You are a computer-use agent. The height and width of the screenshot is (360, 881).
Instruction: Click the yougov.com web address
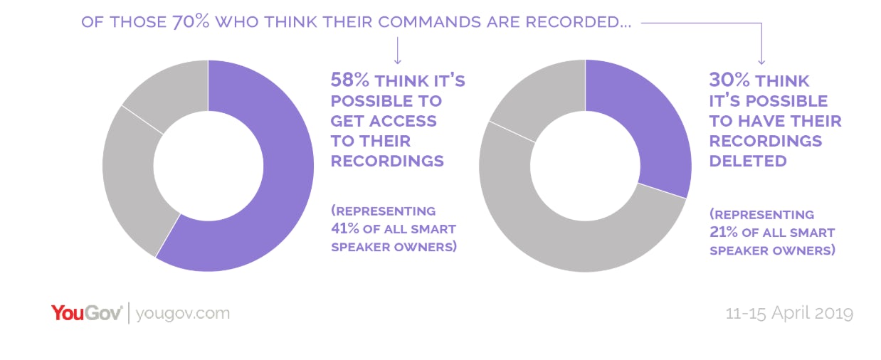coord(182,313)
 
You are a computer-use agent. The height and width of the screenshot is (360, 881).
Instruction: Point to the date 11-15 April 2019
coord(788,313)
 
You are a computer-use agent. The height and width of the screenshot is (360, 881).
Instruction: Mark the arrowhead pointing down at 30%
coord(761,63)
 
